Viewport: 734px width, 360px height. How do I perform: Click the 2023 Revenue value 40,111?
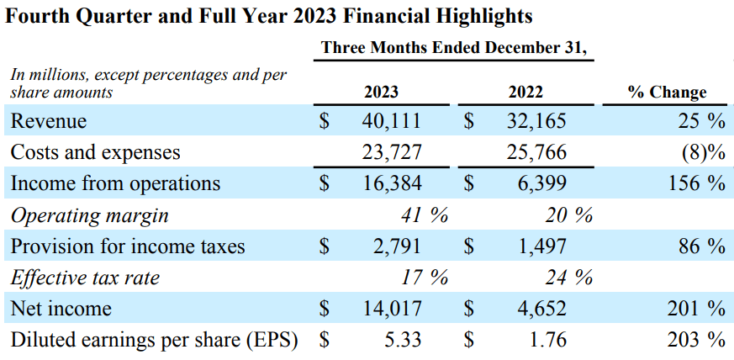click(392, 121)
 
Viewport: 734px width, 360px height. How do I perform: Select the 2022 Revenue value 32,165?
click(537, 121)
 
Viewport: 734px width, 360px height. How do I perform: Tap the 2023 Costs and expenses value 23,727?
click(392, 152)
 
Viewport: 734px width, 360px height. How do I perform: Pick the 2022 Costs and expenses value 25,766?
click(537, 152)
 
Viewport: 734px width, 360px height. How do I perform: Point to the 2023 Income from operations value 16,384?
click(392, 183)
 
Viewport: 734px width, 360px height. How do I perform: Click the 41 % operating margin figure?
click(422, 215)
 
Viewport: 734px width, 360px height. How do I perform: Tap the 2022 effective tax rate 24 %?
click(568, 277)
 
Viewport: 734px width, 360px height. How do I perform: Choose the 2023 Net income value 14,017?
click(392, 308)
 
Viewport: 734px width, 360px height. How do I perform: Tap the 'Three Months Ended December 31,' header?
click(453, 48)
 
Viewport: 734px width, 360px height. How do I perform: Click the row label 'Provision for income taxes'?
click(127, 246)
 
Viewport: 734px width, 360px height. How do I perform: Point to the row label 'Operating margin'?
click(89, 215)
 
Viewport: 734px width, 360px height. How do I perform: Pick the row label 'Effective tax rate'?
click(85, 277)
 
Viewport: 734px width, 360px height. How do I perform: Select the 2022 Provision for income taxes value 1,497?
click(541, 246)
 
